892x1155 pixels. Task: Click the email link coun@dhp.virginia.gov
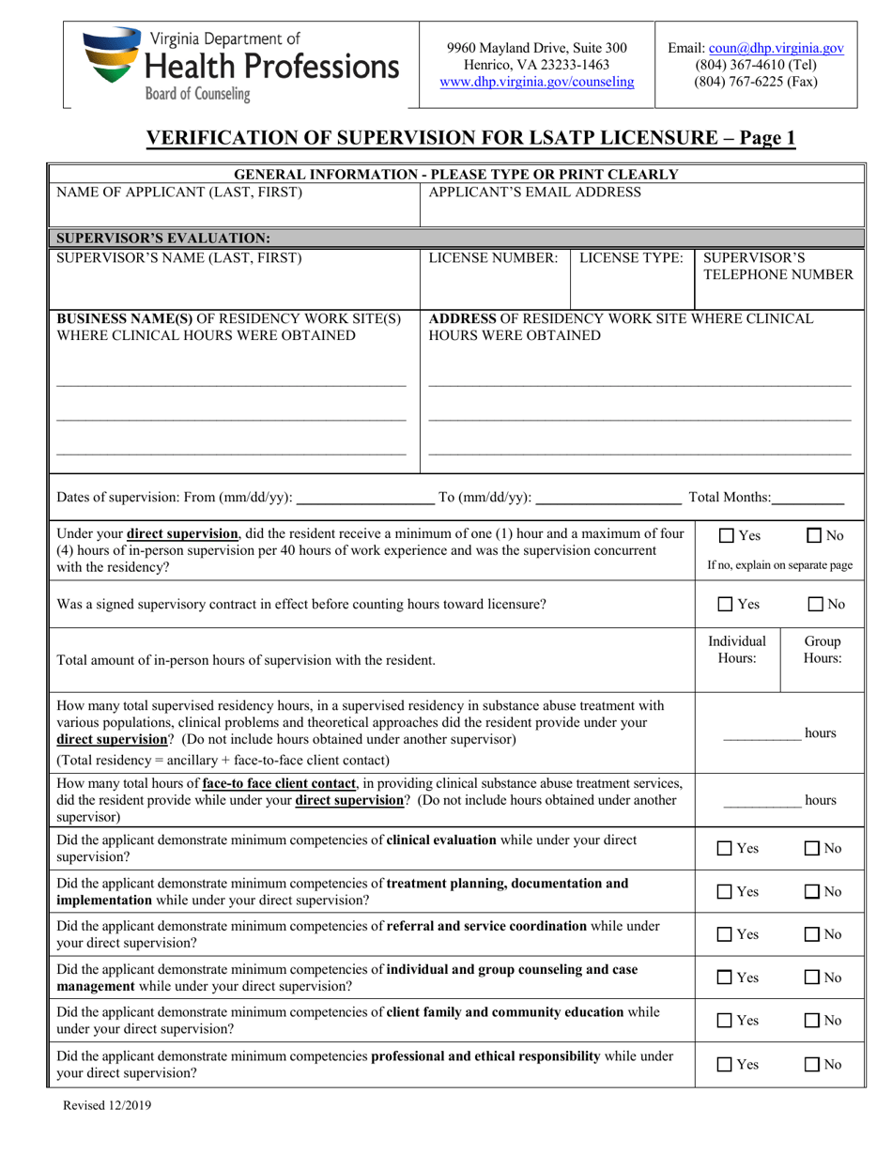(x=776, y=48)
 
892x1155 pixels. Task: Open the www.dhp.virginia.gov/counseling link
(x=536, y=82)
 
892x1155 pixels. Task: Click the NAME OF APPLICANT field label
(x=179, y=192)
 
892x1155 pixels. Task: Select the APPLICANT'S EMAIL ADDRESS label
(x=534, y=192)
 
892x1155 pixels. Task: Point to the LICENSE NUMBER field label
(x=493, y=257)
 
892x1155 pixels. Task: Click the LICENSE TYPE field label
(x=630, y=257)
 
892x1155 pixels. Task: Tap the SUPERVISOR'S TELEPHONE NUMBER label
(x=777, y=266)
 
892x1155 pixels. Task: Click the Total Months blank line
(x=808, y=499)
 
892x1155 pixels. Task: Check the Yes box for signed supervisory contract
(x=726, y=604)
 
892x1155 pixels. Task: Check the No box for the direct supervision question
(x=815, y=536)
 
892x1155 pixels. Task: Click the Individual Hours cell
(x=737, y=650)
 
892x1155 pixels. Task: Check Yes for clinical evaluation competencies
(x=726, y=848)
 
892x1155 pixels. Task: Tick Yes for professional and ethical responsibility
(x=726, y=1065)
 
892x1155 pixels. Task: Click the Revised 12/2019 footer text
(x=106, y=1106)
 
